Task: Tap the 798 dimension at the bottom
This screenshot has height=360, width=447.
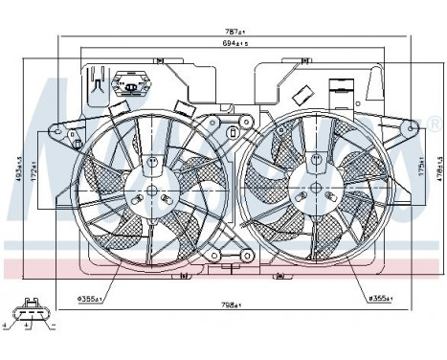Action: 227,304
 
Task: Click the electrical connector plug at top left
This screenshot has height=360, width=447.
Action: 128,85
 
